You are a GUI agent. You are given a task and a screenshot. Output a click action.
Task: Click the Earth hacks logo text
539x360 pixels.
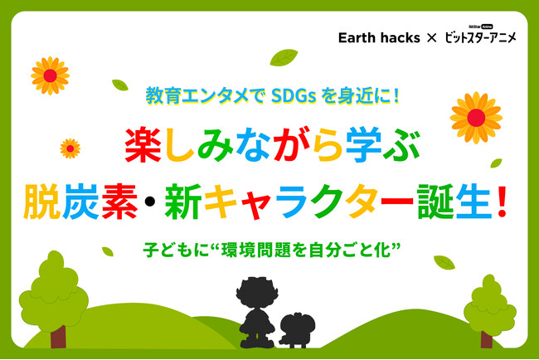(x=379, y=37)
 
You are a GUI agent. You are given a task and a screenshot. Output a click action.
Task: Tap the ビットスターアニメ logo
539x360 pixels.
(x=480, y=35)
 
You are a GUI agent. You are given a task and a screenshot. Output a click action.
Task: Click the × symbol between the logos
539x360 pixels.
(x=431, y=38)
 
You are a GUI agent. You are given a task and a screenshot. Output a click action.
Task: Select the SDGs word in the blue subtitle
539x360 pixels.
(x=294, y=96)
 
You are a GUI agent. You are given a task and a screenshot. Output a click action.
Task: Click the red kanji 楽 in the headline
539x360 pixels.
(x=143, y=145)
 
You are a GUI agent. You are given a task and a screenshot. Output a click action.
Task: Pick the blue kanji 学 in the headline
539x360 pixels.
(x=364, y=145)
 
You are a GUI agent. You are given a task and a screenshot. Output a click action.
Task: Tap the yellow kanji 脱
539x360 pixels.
(x=42, y=202)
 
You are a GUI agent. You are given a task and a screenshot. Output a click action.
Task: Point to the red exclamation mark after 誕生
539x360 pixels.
(x=502, y=201)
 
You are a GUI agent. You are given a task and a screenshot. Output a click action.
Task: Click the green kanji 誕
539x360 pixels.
(x=436, y=202)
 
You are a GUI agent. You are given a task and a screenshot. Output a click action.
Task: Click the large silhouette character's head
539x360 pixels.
(x=257, y=293)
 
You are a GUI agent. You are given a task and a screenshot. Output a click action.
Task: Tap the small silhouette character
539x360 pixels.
(x=297, y=330)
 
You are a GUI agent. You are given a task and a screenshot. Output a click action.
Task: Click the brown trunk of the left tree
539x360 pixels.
(x=58, y=337)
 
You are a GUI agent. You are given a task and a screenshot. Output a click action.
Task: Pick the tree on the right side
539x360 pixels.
(x=489, y=311)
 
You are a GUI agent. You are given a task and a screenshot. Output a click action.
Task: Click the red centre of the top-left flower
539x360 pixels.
(x=51, y=75)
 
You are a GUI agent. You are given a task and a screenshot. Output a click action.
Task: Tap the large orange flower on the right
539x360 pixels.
(x=476, y=118)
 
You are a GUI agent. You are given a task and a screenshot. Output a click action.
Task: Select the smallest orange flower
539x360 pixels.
(x=70, y=148)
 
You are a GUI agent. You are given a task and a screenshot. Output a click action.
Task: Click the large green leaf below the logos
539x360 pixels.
(x=284, y=57)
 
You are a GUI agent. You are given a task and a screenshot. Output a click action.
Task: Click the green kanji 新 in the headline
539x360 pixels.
(x=183, y=202)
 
